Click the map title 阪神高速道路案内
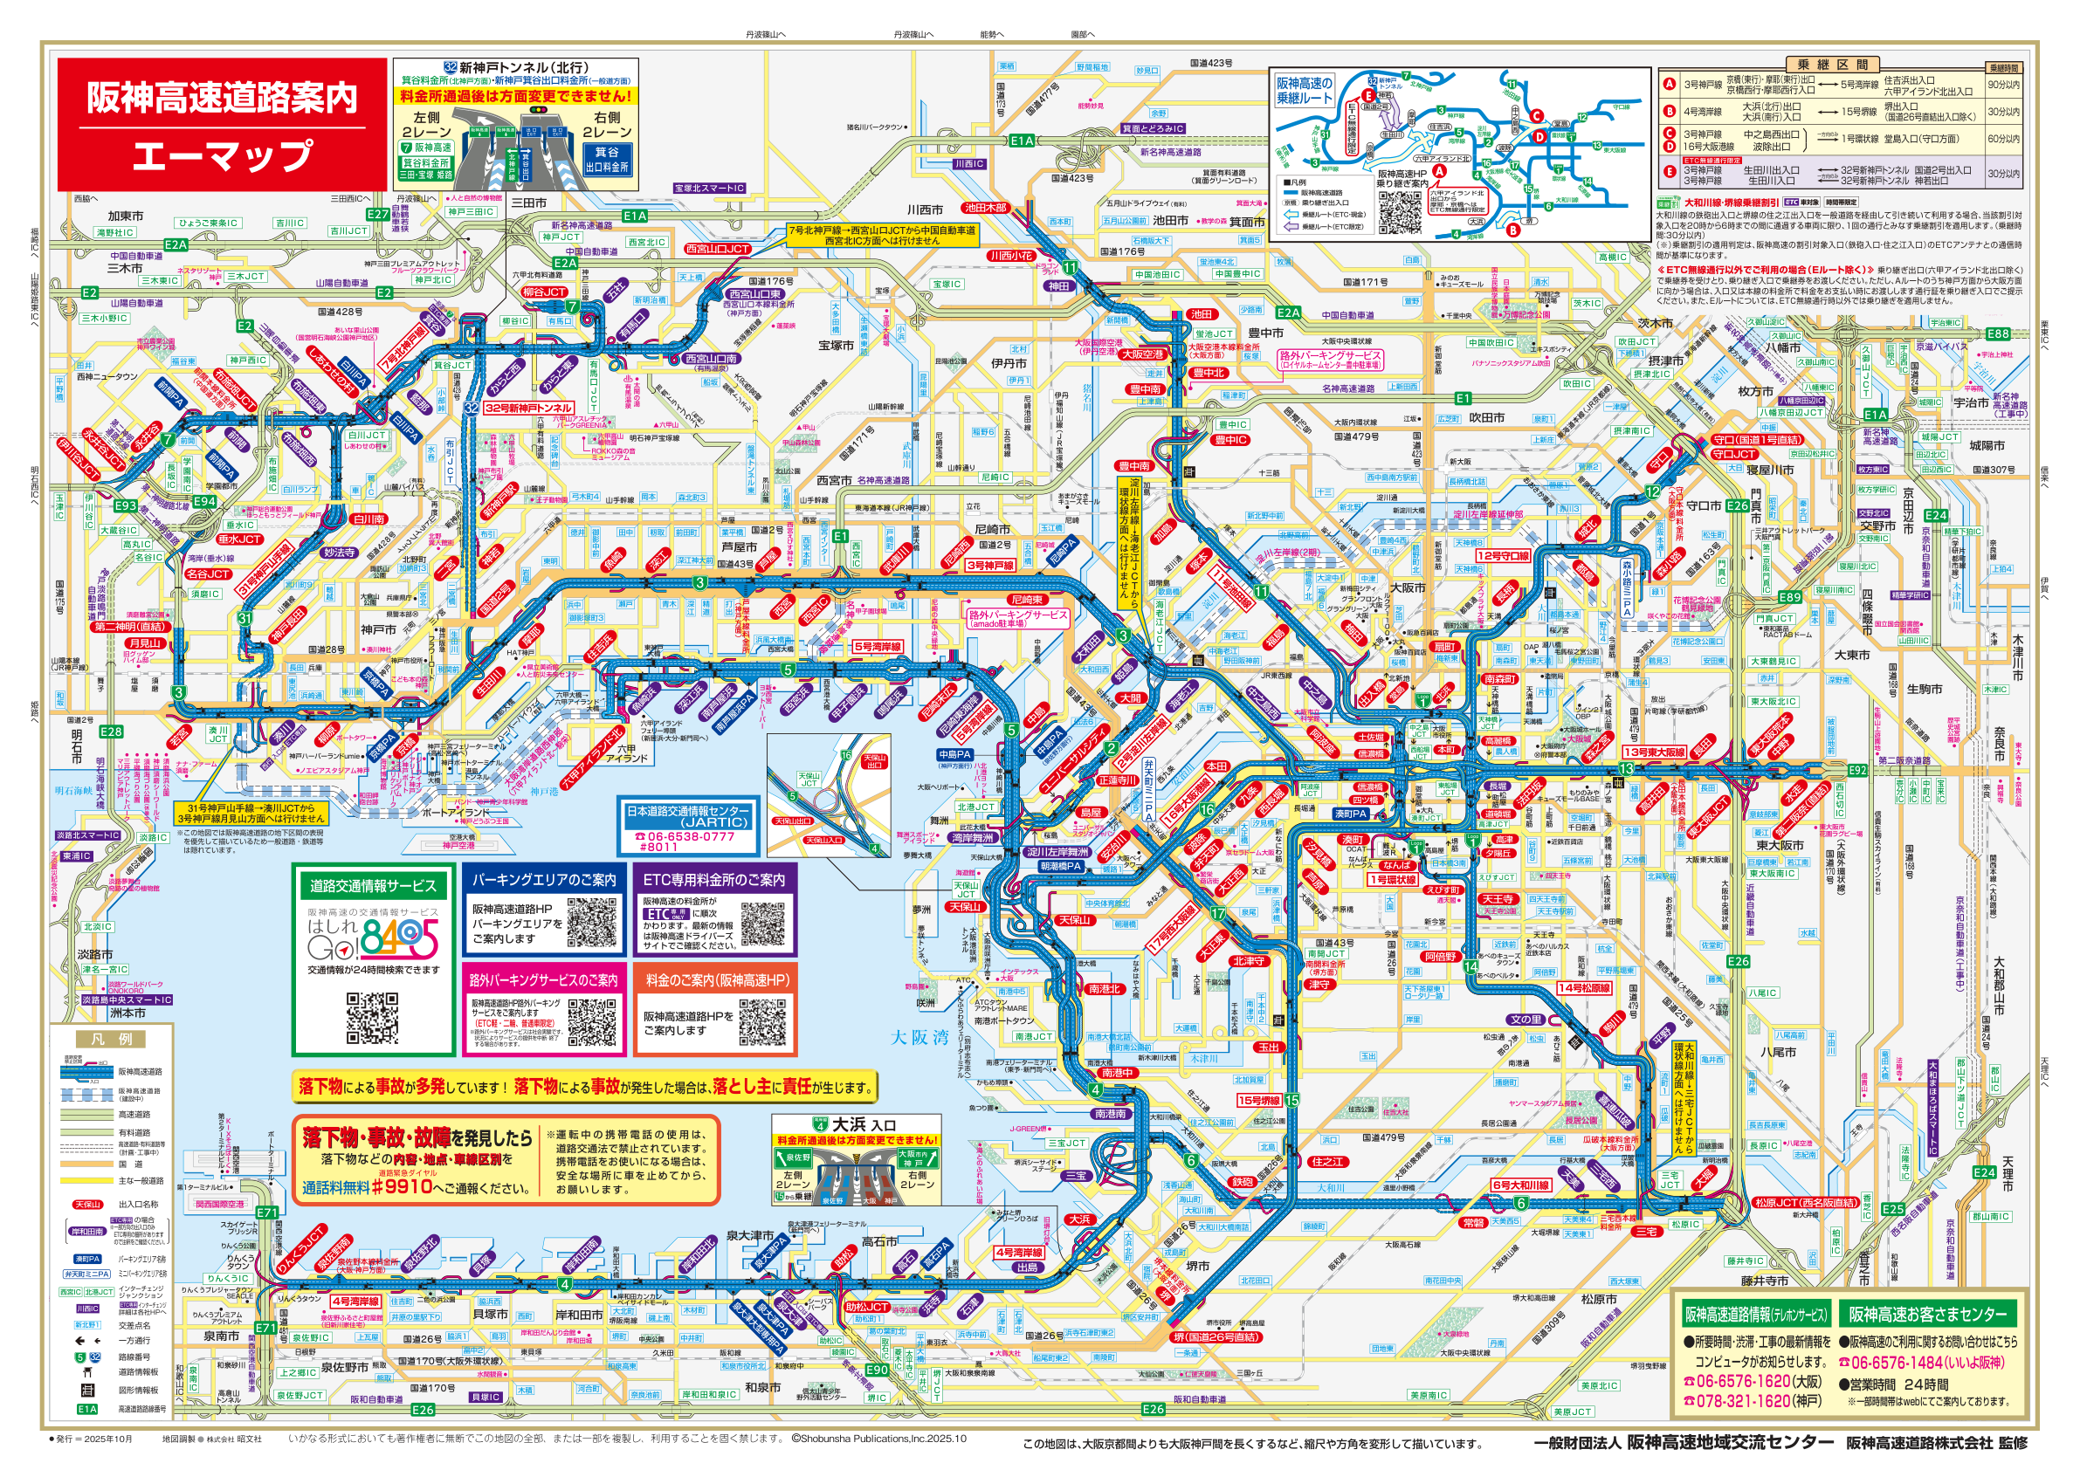coord(222,98)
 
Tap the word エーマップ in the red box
coord(222,155)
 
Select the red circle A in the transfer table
coord(1669,84)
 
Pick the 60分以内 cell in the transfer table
coord(2003,139)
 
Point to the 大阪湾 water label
coord(919,1037)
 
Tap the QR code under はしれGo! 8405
coord(371,1019)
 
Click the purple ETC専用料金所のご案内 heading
coord(714,879)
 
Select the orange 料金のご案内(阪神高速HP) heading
coord(717,980)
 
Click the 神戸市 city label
coord(378,629)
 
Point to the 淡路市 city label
coord(94,954)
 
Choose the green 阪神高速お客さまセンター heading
coord(1927,1313)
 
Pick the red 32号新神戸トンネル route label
coord(528,409)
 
